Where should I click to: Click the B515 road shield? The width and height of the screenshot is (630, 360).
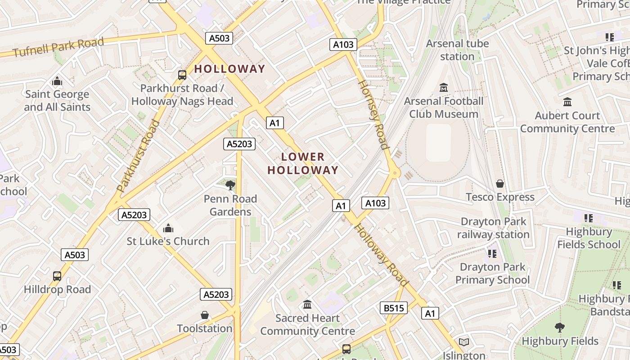coord(394,308)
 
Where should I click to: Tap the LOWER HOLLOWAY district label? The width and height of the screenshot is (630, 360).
coord(303,163)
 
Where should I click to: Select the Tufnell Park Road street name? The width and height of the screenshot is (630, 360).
coord(58,47)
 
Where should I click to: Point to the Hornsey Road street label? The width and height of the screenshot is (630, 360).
coord(373,114)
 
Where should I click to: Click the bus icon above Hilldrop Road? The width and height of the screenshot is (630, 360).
coord(57,276)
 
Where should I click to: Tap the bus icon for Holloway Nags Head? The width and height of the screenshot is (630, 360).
coord(182,75)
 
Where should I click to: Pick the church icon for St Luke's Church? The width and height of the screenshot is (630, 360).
coord(168,228)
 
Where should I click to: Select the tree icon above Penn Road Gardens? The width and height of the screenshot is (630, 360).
coord(230,185)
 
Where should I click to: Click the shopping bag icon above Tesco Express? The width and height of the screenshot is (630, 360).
coord(500,184)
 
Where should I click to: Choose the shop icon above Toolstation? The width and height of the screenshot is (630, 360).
coord(205,315)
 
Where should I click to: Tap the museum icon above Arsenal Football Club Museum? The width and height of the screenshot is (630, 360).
coord(444,87)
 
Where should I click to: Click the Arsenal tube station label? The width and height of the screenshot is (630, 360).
coord(457,50)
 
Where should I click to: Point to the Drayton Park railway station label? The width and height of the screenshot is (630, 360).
coord(493,228)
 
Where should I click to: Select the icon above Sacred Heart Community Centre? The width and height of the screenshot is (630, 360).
coord(307,305)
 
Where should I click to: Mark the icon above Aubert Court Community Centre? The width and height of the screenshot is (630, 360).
coord(567,102)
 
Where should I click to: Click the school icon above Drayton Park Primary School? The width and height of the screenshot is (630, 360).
coord(492,254)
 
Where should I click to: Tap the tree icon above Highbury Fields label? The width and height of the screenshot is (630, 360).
coord(560,327)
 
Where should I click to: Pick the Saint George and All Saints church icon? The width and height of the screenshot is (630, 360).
coord(57,81)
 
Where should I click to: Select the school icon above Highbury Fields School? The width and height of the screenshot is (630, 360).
coord(589,218)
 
